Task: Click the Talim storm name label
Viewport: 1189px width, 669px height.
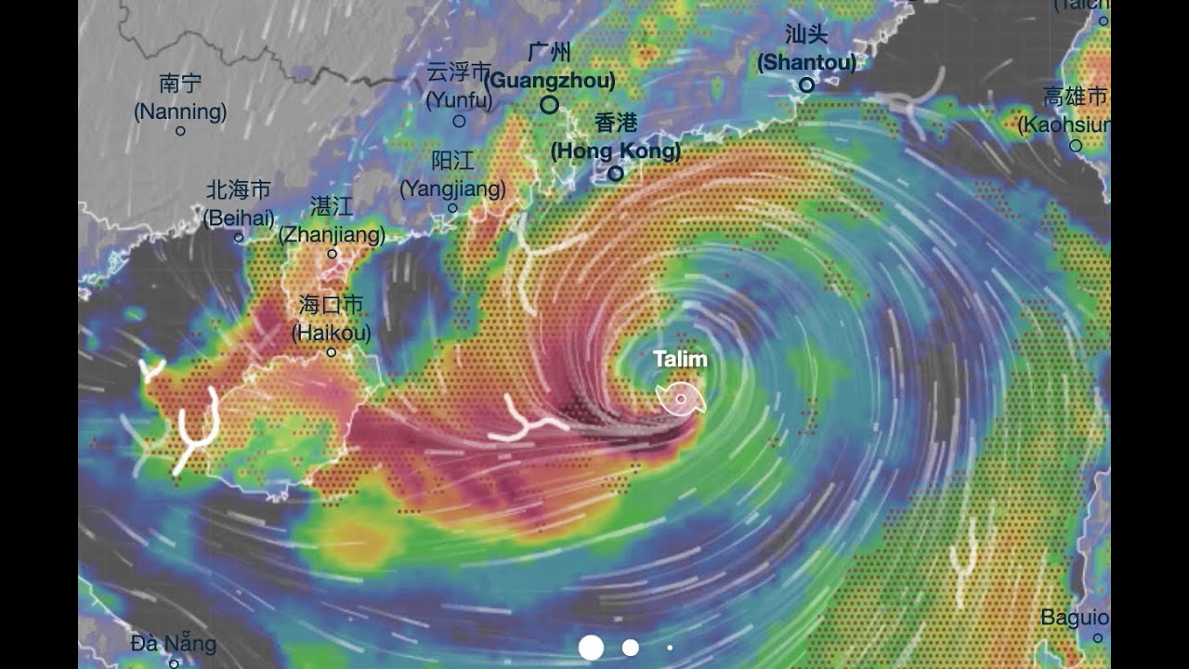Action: (680, 360)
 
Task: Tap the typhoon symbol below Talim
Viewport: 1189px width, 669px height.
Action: (681, 399)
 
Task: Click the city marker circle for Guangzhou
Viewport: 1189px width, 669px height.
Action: (549, 105)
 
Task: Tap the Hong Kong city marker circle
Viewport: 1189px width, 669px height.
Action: (615, 174)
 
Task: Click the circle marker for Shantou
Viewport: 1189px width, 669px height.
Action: (806, 85)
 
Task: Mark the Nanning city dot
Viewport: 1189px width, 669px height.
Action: (180, 131)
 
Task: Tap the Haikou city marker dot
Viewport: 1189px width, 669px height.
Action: (332, 352)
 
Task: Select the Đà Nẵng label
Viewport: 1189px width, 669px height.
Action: (174, 643)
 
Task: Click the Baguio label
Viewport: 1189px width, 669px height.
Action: (1075, 617)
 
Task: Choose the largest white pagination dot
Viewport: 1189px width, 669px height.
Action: (591, 648)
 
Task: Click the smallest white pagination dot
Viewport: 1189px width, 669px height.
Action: (670, 648)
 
